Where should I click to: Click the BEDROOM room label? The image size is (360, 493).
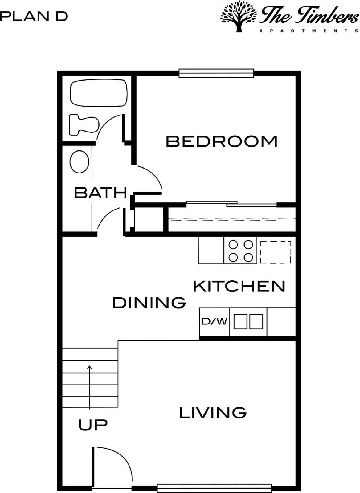pos(222,141)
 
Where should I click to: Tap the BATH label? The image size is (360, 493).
pos(100,193)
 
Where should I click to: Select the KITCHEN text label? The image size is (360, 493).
pos(239,286)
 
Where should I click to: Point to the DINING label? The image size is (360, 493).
pos(149,303)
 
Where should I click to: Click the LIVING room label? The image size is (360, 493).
pos(213,413)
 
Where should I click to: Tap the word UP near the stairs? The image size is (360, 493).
pos(93,425)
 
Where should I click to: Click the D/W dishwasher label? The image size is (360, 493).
pos(215,322)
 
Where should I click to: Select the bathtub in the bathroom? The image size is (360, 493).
pos(99,93)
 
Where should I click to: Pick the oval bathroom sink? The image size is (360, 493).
pos(80,162)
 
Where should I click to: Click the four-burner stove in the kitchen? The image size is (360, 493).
pos(240,251)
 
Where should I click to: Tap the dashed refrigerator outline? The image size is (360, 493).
pos(276,252)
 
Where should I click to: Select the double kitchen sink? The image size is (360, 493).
pos(248,322)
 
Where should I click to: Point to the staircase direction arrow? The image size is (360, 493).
pos(90,387)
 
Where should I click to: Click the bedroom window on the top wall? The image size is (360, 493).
pos(216,73)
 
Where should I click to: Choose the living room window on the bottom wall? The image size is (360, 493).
pos(214,487)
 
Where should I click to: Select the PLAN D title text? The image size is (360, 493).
pos(34,16)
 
